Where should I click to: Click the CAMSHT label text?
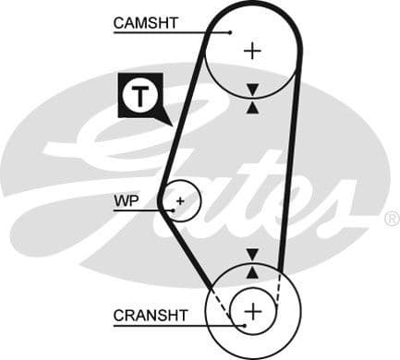pyautogui.click(x=146, y=22)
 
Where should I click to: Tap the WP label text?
pyautogui.click(x=126, y=200)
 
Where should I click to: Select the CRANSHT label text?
pyautogui.click(x=150, y=316)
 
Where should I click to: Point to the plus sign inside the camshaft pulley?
pyautogui.click(x=251, y=50)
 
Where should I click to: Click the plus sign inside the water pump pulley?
pyautogui.click(x=180, y=199)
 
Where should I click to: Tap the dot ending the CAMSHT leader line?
pyautogui.click(x=229, y=32)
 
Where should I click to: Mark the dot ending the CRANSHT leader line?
pyautogui.click(x=243, y=325)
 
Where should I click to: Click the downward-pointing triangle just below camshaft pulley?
pyautogui.click(x=252, y=90)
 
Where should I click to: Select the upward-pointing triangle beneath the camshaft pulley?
pyautogui.click(x=252, y=106)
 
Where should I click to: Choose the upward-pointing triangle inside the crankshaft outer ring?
pyautogui.click(x=252, y=271)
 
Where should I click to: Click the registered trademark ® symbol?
pyautogui.click(x=391, y=220)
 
